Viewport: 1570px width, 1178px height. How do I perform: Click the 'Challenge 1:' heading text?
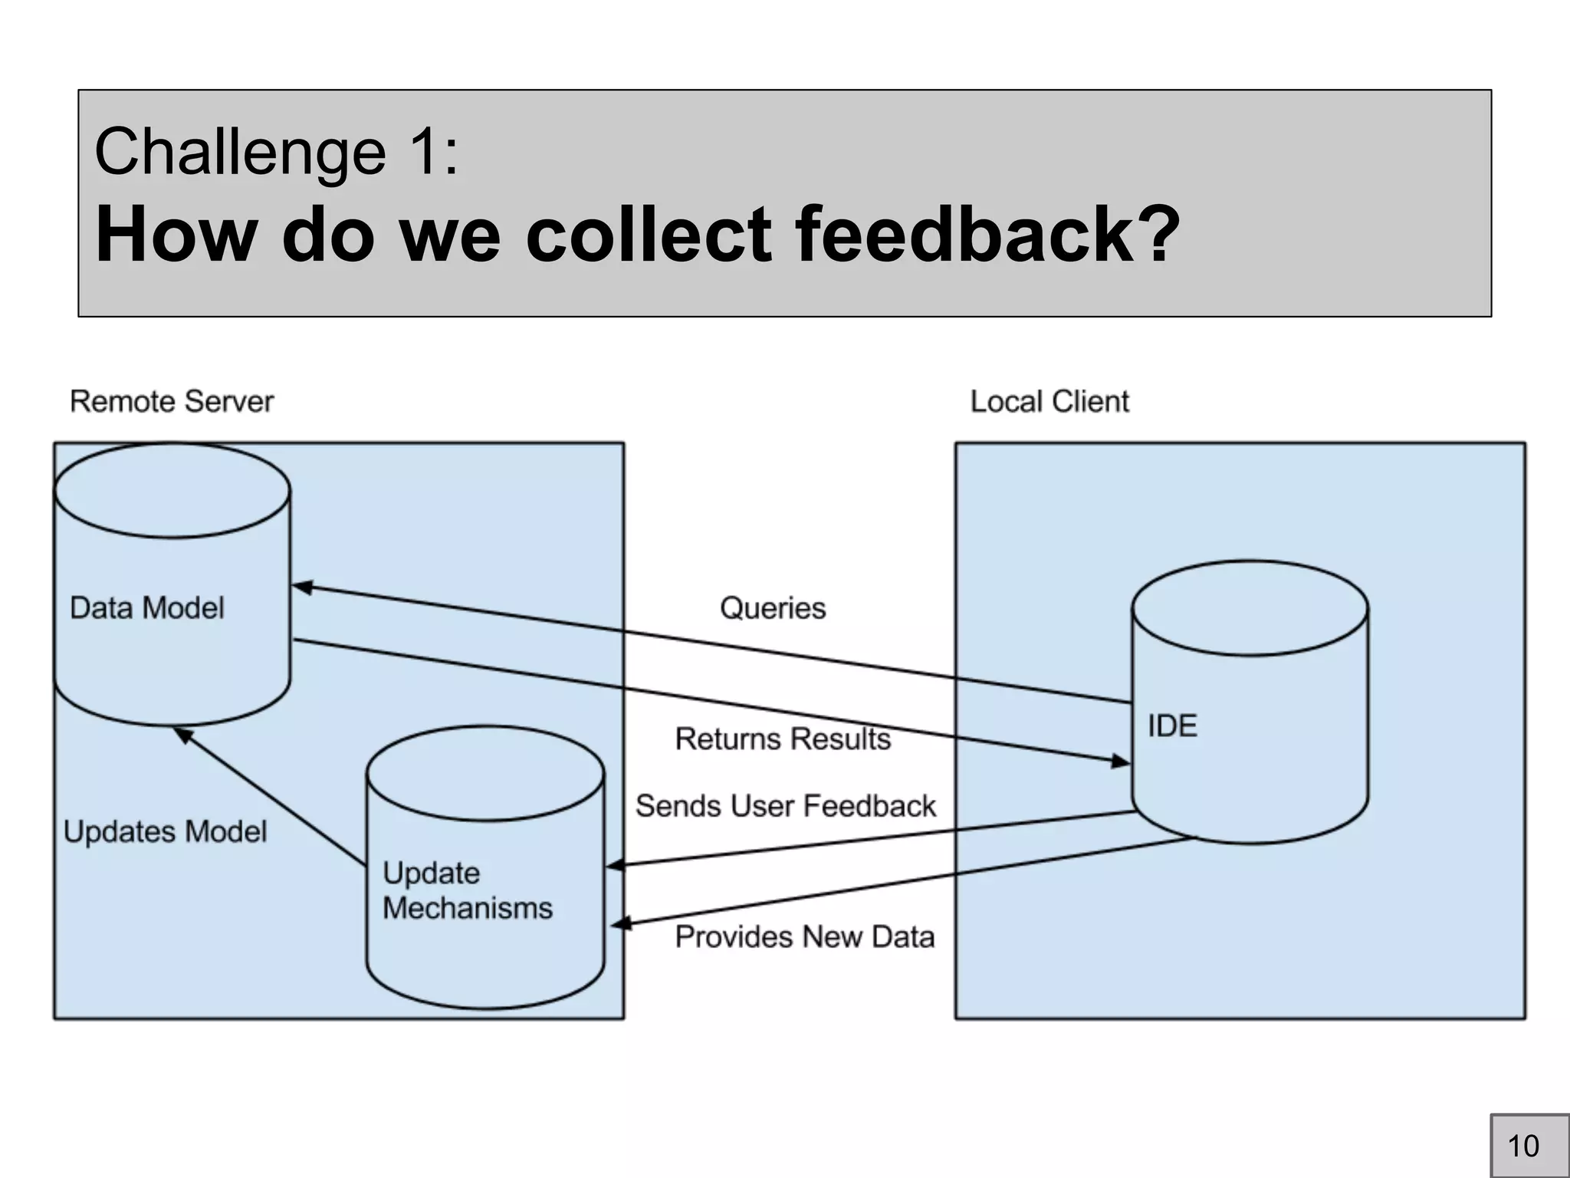[276, 152]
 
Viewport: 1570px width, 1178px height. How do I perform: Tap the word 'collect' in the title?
[649, 234]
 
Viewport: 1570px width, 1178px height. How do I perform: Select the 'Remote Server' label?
[172, 402]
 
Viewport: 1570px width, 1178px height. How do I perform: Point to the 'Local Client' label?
[1049, 402]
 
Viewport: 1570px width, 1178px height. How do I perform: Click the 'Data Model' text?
[147, 608]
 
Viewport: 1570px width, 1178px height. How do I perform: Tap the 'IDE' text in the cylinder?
[1172, 726]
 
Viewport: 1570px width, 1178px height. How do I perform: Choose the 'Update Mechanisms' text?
[467, 890]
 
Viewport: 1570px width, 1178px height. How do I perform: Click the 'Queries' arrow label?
[773, 608]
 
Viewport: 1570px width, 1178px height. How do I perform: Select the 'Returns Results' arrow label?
[783, 739]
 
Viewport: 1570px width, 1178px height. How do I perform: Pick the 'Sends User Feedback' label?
[786, 806]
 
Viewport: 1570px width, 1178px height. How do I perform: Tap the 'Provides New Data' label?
[805, 937]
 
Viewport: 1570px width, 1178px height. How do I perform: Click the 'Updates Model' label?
[165, 832]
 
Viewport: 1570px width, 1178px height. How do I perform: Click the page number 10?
[1523, 1146]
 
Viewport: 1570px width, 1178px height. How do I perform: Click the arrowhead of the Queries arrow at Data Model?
[302, 587]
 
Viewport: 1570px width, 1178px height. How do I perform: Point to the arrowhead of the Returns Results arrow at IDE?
[1122, 762]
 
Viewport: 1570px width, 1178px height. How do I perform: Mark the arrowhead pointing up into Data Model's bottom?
[182, 735]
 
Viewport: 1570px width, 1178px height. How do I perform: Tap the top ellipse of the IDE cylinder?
[1250, 608]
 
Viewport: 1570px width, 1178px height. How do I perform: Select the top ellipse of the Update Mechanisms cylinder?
[485, 773]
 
